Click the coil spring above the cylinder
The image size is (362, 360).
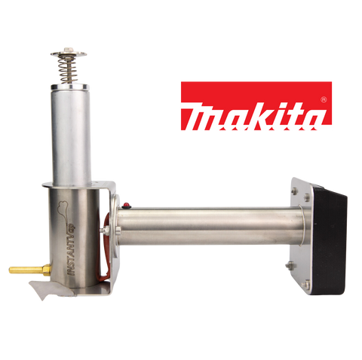pyautogui.click(x=67, y=70)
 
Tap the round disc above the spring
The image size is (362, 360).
pyautogui.click(x=69, y=53)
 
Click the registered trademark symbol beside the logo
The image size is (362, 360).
pyautogui.click(x=324, y=99)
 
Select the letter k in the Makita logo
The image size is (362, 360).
pyautogui.click(x=259, y=119)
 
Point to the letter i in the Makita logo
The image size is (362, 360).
pyautogui.click(x=279, y=119)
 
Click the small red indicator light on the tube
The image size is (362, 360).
pyautogui.click(x=127, y=206)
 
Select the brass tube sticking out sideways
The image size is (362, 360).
pyautogui.click(x=26, y=270)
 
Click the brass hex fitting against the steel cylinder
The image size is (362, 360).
pyautogui.click(x=47, y=270)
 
